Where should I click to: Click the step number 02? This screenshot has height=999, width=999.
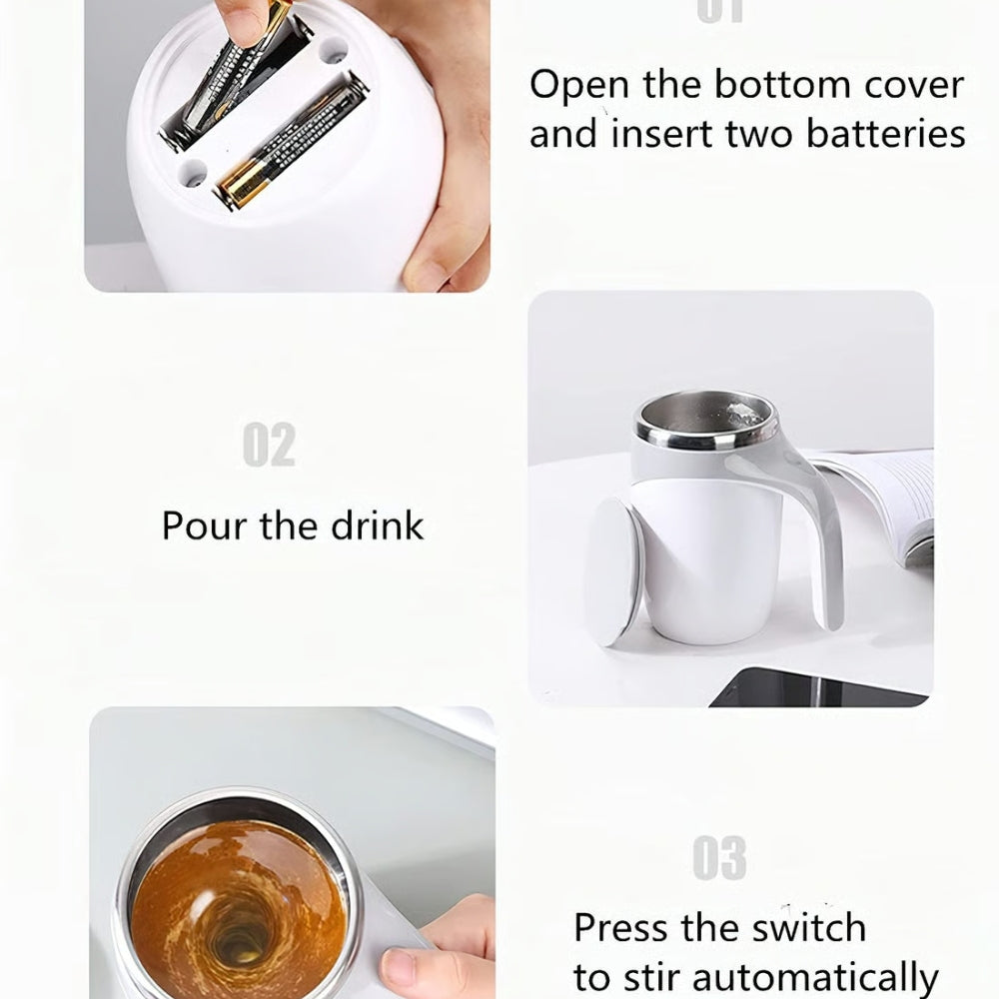[269, 446]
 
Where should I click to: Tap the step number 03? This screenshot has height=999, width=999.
[719, 859]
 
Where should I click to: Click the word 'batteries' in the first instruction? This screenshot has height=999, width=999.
[887, 133]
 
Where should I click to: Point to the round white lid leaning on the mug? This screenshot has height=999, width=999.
[611, 572]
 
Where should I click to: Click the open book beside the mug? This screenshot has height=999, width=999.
[883, 499]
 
